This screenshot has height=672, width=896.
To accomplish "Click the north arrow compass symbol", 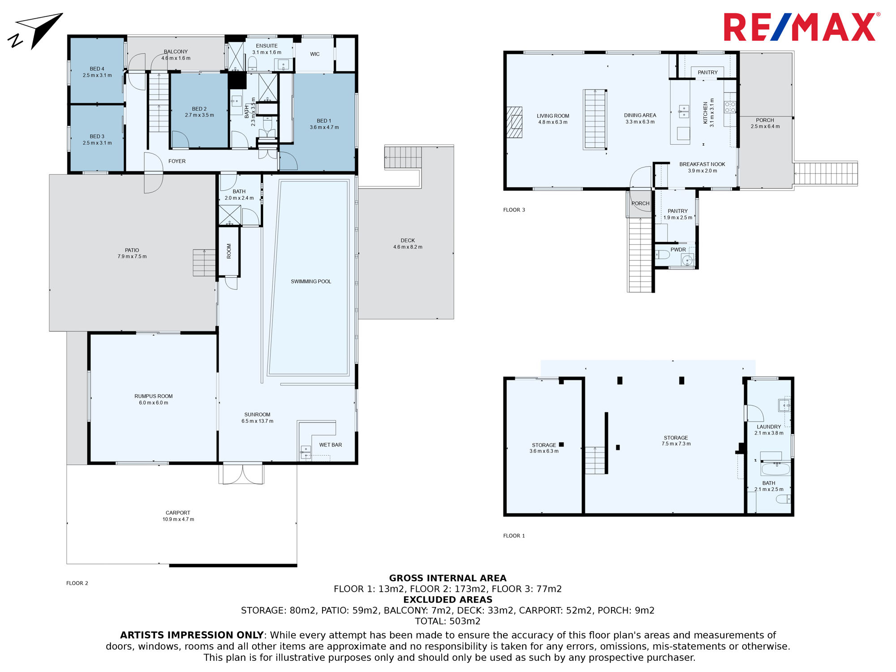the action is point(35,30).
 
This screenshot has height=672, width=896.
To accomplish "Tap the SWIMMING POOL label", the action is point(311,281).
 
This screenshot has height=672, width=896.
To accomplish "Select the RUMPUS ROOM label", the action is point(153,396).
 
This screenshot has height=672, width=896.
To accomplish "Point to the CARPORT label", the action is point(178,513).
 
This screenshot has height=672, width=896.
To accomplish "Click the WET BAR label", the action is point(330,445).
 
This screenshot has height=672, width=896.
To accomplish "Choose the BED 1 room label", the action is point(324,121).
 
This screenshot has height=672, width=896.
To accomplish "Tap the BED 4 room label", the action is point(97,69).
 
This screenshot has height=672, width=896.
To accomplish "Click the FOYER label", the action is point(177,161).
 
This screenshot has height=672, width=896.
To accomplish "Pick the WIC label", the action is point(315,54).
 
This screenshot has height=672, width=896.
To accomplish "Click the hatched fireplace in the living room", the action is point(514,122).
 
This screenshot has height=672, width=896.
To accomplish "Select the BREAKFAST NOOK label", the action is point(702,164).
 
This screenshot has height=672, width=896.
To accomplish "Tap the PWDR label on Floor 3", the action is point(678,250).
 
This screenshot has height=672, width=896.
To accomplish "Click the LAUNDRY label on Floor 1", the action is point(769,427).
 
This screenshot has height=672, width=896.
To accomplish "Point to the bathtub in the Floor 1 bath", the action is point(775,469).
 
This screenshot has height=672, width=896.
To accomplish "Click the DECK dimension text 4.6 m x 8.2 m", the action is point(408,247).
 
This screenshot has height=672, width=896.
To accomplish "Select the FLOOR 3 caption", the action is point(514,210).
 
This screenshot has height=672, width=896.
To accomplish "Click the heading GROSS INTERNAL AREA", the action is point(448,578).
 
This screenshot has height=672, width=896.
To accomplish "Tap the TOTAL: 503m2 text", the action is point(448,621).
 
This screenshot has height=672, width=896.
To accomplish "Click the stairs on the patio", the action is point(204,263).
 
